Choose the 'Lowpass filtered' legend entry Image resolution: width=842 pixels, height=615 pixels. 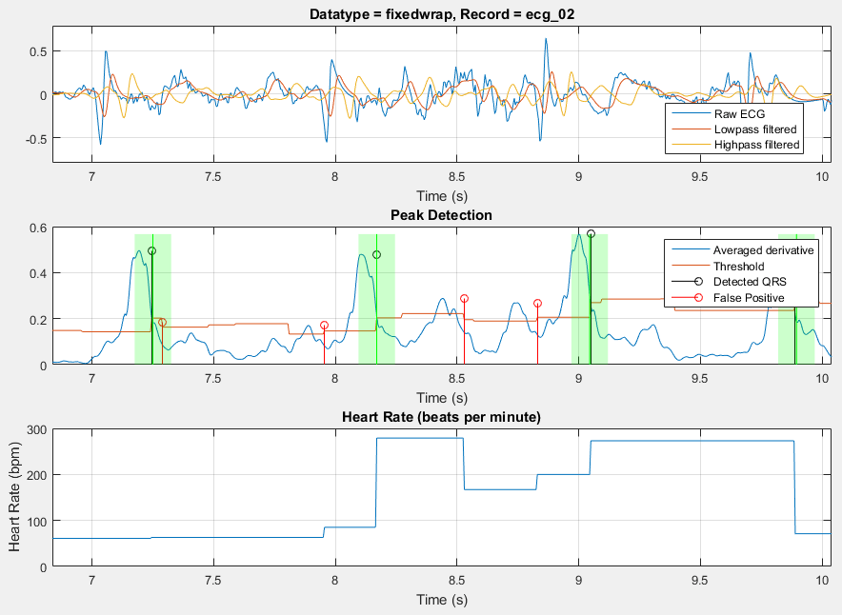pyautogui.click(x=754, y=129)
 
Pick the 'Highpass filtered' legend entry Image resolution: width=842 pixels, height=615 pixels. pyautogui.click(x=756, y=145)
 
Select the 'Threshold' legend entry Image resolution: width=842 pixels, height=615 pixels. pyautogui.click(x=740, y=267)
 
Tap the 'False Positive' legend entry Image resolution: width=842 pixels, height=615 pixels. pyautogui.click(x=749, y=298)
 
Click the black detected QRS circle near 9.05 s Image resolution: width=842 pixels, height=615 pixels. pyautogui.click(x=591, y=233)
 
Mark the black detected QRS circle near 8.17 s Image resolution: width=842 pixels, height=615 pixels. pyautogui.click(x=376, y=255)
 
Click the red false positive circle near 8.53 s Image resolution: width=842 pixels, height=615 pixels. pyautogui.click(x=464, y=298)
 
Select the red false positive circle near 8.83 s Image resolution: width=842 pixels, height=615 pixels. pyautogui.click(x=537, y=304)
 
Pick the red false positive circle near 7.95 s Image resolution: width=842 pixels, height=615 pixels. pyautogui.click(x=324, y=326)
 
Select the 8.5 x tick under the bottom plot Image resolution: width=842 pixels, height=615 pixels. pyautogui.click(x=457, y=579)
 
